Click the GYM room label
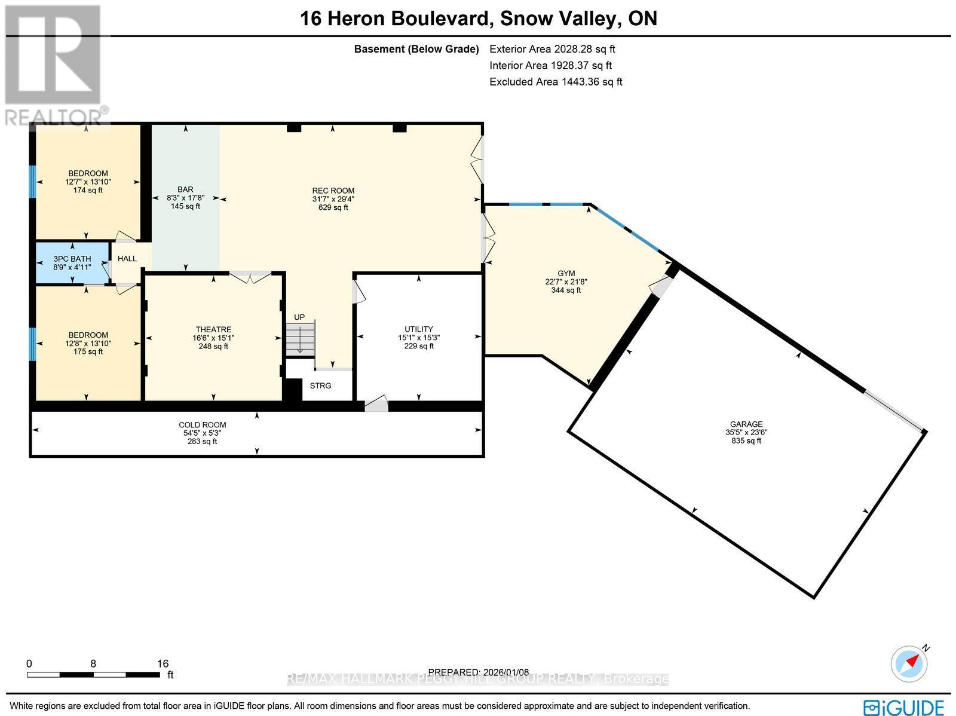pyautogui.click(x=566, y=273)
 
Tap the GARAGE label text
pyautogui.click(x=746, y=424)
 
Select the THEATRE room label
pyautogui.click(x=213, y=330)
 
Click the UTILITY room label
pyautogui.click(x=419, y=329)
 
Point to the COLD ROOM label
pyautogui.click(x=203, y=426)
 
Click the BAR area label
pyautogui.click(x=185, y=190)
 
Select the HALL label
pyautogui.click(x=127, y=259)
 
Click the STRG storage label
pyautogui.click(x=320, y=386)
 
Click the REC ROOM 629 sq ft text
pyautogui.click(x=333, y=208)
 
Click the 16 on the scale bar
pyautogui.click(x=163, y=663)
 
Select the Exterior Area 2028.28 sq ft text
pyautogui.click(x=552, y=50)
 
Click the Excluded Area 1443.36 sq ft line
pyautogui.click(x=556, y=82)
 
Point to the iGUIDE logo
pyautogui.click(x=904, y=706)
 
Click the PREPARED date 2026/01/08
pyautogui.click(x=479, y=672)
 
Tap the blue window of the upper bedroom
pyautogui.click(x=33, y=180)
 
